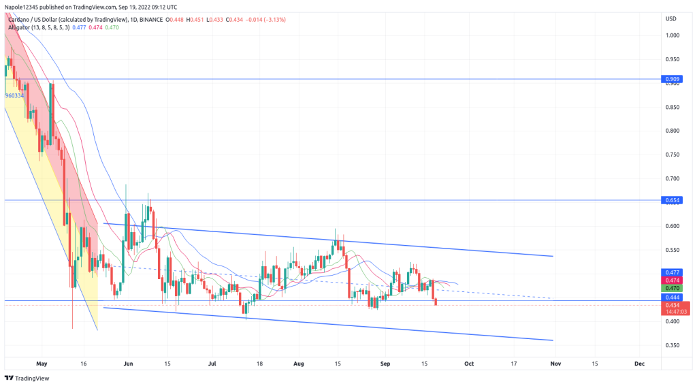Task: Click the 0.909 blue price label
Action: click(672, 80)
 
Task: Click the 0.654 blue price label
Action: click(672, 200)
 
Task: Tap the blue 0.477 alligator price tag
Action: click(672, 272)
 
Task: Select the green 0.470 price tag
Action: click(672, 289)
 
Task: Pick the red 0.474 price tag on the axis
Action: click(672, 280)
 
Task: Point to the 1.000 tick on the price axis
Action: click(672, 35)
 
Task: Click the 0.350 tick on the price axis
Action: click(672, 345)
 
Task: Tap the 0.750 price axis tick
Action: click(672, 155)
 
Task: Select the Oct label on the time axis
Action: click(468, 364)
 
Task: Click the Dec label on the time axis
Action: click(639, 364)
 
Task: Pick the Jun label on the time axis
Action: click(128, 364)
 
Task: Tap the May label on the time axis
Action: click(42, 364)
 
